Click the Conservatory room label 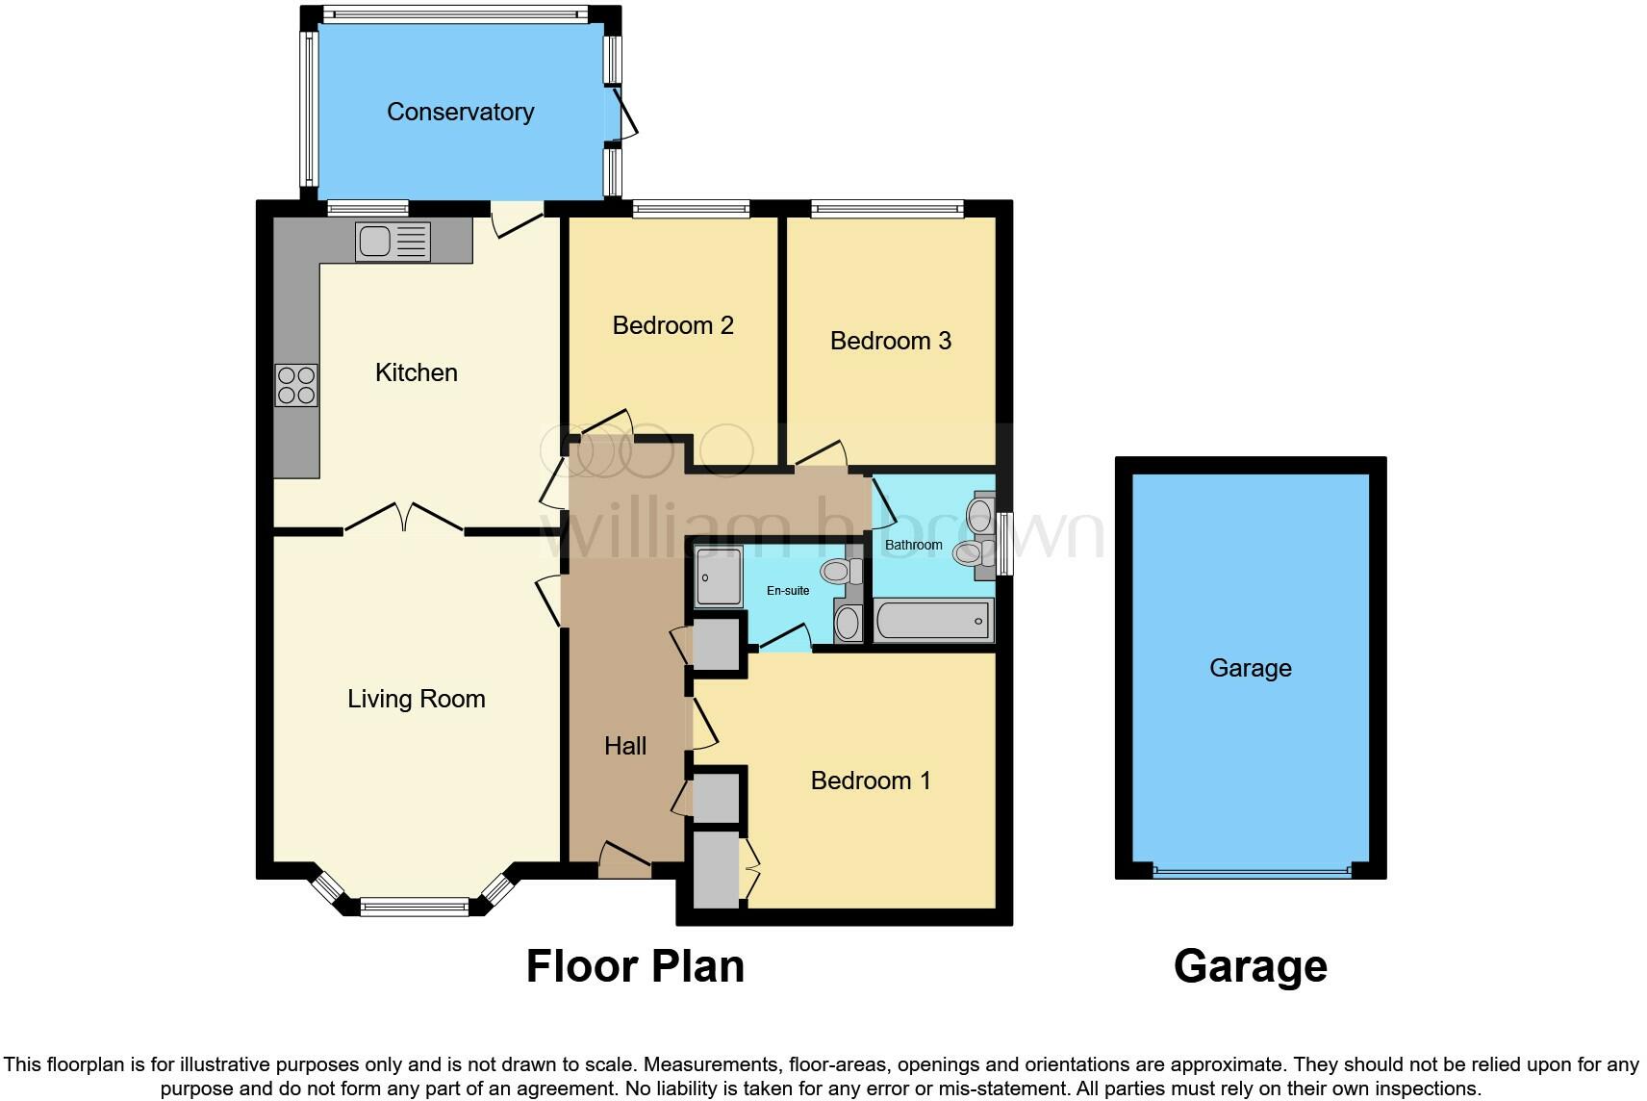460,112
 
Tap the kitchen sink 393,242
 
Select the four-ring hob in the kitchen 296,384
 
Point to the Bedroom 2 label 672,325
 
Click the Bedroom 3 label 890,341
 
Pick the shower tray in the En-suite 719,576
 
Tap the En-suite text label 787,591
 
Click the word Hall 624,746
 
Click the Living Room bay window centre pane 415,907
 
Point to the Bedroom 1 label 870,781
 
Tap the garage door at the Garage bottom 1251,872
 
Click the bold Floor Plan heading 635,966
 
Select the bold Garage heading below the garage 1250,966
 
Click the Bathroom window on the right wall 1005,544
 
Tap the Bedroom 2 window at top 690,209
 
